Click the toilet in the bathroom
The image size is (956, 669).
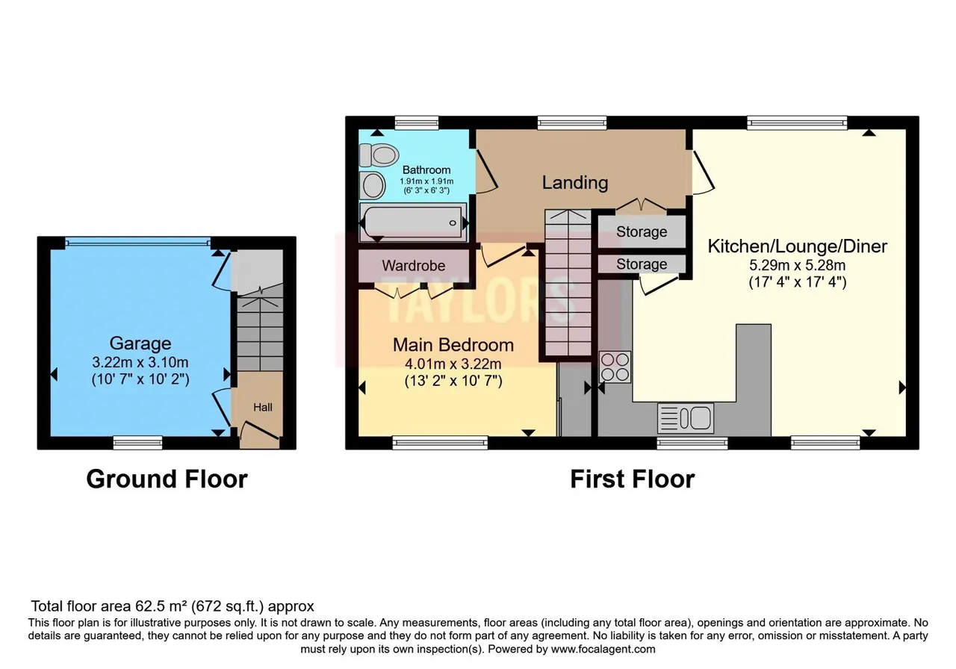[379, 155]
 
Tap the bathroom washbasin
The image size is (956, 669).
[373, 185]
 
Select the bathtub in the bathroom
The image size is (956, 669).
[413, 223]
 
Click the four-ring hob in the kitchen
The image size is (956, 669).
[615, 367]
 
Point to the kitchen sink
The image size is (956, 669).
[686, 417]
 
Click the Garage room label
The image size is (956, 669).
[140, 343]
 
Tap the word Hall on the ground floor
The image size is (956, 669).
[262, 407]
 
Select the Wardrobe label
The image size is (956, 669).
[414, 266]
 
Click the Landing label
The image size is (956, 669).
[575, 183]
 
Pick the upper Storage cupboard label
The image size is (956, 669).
[642, 231]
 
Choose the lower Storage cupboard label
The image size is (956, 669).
[642, 264]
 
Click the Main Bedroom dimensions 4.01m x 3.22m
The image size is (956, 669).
[453, 364]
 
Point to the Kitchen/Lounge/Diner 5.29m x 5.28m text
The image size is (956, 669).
[797, 265]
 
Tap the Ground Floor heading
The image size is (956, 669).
[167, 479]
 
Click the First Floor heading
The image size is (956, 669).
[633, 479]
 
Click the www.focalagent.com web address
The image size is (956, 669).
[603, 649]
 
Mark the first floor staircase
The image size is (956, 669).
[568, 282]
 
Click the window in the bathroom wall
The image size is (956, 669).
[417, 123]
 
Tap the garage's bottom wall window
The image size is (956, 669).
[138, 443]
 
